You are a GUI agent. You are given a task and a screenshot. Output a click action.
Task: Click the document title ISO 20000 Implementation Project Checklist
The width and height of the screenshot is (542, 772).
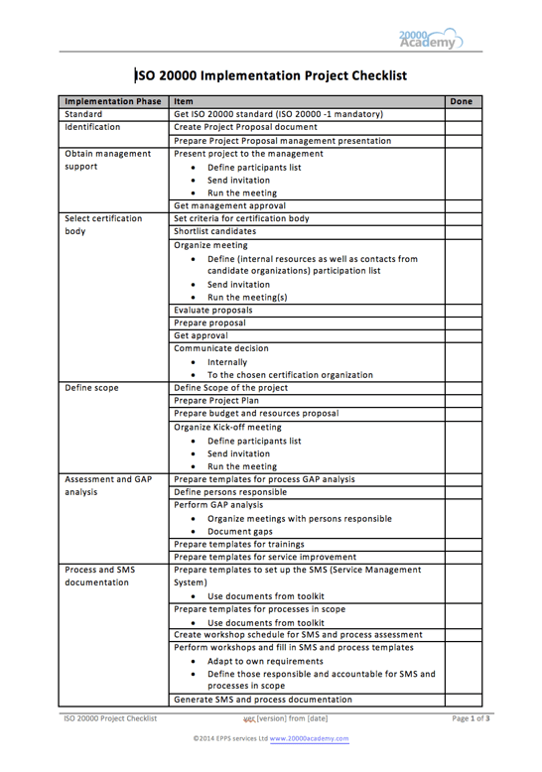coord(271,74)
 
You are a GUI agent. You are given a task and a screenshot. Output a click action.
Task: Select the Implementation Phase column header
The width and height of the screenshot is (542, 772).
coord(112,101)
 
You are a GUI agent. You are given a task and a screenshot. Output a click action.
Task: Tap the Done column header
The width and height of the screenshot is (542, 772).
coord(462,101)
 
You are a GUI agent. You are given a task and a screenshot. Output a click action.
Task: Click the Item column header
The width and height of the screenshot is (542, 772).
coord(183,101)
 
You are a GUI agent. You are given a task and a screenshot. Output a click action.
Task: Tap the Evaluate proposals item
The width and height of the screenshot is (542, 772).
coord(213,310)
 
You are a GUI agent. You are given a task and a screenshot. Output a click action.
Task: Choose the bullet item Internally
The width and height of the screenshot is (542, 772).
coord(227,362)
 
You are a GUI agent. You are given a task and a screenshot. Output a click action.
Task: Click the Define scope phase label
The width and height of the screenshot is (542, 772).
coord(91,388)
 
